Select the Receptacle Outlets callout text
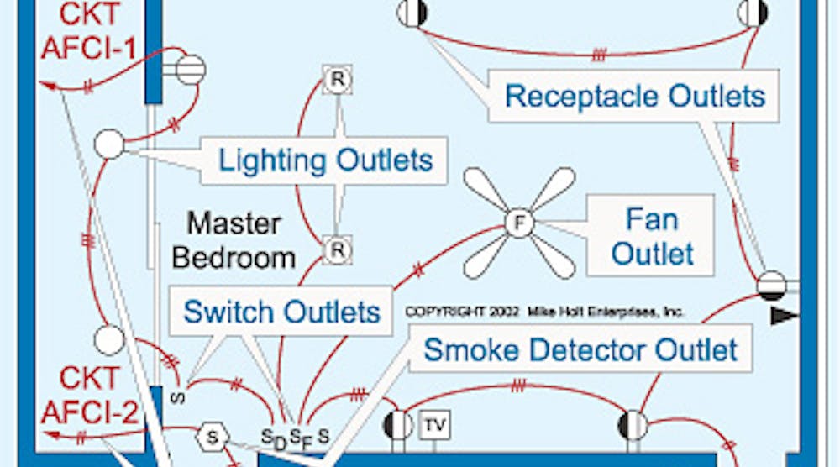(635, 95)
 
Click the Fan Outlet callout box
(652, 235)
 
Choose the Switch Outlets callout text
(282, 312)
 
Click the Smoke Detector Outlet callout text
(580, 349)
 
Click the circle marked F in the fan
(519, 223)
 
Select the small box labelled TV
(434, 425)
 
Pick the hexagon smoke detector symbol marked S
(213, 436)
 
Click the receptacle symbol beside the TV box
(398, 424)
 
